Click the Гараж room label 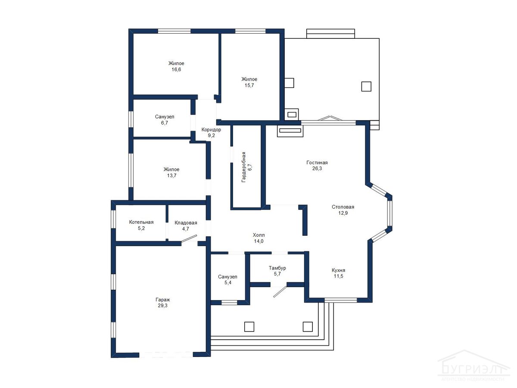pos(162,300)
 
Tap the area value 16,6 pos(176,69)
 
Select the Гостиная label pos(317,163)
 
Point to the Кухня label pos(338,270)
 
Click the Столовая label pos(343,207)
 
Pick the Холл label pos(258,235)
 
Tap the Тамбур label pos(277,268)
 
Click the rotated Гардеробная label pos(243,167)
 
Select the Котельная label pos(141,222)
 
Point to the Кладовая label pos(186,222)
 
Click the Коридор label pos(211,130)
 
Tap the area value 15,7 pos(249,85)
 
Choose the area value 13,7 pos(171,175)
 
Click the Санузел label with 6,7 pos(165,116)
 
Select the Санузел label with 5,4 pos(227,277)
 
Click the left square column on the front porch pos(249,327)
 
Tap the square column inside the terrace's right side pos(366,87)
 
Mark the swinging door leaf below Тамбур pos(280,292)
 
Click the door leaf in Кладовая pos(189,238)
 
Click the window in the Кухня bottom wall pos(341,300)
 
